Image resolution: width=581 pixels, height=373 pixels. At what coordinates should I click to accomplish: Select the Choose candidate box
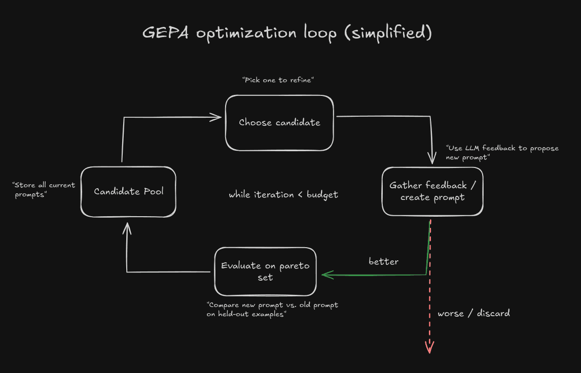pos(279,123)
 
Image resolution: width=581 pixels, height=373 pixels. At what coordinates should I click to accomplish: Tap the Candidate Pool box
pos(128,192)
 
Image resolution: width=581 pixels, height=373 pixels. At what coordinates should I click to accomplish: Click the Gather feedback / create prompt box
pos(432,191)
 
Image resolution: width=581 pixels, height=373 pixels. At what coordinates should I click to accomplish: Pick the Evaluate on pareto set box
pos(265,272)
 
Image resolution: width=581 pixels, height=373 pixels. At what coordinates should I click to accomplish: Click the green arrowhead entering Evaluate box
pos(325,275)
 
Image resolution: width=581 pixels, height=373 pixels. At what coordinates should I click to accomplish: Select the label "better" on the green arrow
pos(383,262)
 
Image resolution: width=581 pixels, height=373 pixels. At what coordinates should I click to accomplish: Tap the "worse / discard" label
pos(474,313)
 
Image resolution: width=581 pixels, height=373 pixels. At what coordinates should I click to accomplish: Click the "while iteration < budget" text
pos(283,195)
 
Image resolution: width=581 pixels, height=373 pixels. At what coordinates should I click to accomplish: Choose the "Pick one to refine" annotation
pos(279,80)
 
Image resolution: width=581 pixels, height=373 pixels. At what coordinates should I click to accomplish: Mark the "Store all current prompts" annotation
pos(44,190)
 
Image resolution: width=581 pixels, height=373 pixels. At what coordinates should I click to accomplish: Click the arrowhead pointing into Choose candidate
pos(217,117)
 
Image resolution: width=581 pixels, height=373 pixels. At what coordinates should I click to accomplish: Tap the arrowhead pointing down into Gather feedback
pos(432,159)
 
